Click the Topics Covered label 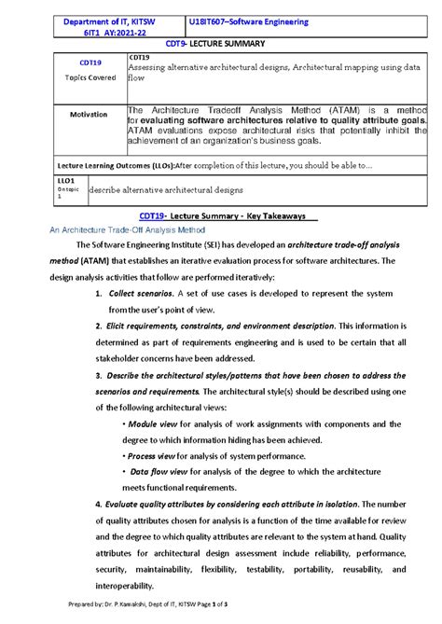point(90,77)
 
